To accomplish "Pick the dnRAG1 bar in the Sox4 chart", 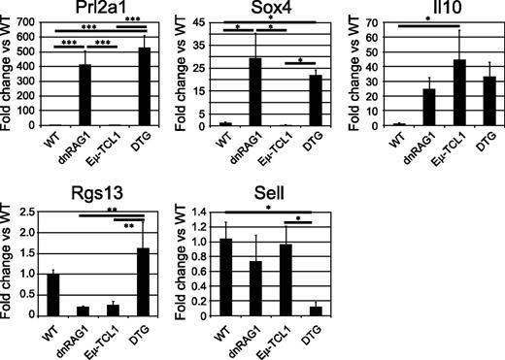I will point(256,92).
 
